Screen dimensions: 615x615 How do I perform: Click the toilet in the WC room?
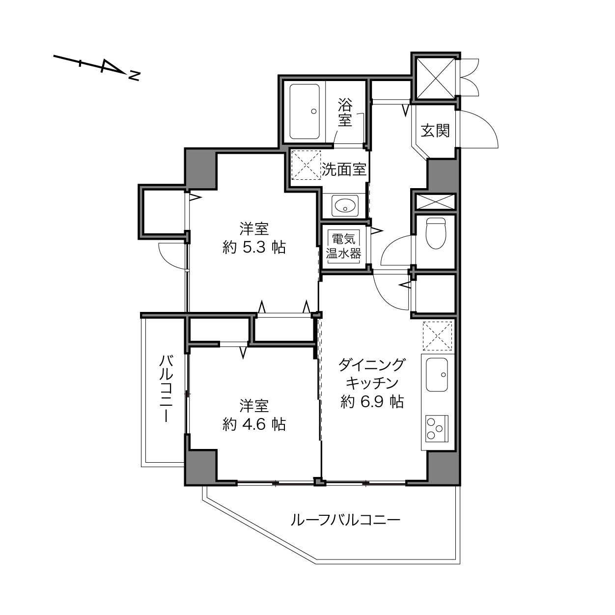click(436, 233)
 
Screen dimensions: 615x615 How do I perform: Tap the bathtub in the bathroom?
click(305, 112)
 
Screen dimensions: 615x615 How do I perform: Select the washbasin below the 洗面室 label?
click(345, 205)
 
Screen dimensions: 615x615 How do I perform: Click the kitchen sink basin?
click(437, 374)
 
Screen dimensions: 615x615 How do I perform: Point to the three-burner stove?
click(437, 428)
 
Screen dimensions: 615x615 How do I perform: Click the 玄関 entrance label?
click(435, 131)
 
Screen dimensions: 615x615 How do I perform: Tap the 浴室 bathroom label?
click(345, 112)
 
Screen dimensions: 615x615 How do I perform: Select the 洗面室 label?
click(344, 169)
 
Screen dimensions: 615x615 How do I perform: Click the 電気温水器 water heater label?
click(343, 246)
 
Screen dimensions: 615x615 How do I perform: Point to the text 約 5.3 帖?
click(254, 247)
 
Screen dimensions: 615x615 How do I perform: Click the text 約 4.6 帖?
click(254, 424)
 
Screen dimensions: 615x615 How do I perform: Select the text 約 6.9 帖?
click(372, 402)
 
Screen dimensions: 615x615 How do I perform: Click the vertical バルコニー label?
click(167, 389)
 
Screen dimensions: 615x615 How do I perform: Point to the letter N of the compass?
click(134, 76)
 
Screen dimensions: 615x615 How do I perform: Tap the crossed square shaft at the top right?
click(436, 78)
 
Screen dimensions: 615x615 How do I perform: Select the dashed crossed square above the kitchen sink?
click(437, 336)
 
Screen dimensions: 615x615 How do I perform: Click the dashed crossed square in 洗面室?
click(306, 165)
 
